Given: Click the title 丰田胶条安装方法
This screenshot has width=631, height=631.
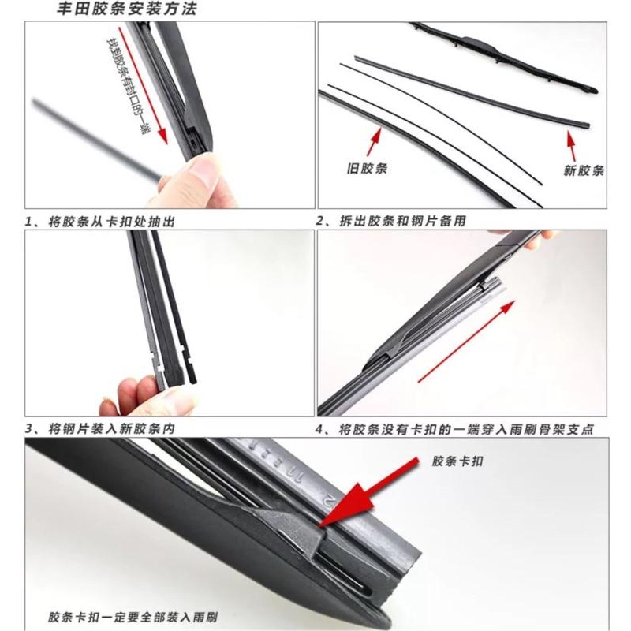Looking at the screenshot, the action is click(x=126, y=9).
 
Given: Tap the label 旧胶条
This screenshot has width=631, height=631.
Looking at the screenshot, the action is click(x=367, y=168).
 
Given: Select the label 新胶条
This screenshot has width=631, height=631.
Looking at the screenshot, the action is click(x=584, y=170).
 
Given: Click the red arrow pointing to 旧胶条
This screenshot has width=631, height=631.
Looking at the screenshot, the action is click(x=374, y=142).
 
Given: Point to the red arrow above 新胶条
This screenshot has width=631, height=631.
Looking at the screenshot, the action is click(x=571, y=146).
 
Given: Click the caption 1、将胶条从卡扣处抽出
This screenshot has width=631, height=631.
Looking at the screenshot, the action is click(x=100, y=222).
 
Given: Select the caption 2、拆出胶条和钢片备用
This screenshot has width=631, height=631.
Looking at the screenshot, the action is click(x=391, y=221).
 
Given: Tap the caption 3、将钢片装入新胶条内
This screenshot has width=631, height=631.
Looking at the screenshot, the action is click(x=100, y=428).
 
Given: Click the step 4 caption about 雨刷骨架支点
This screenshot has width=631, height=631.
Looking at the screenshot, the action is click(x=455, y=429).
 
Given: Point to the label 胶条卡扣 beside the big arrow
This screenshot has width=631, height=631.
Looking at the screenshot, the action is click(x=457, y=461).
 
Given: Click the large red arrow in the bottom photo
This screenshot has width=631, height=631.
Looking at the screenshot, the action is click(x=368, y=491).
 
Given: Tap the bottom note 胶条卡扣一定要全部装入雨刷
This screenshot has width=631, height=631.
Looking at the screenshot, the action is click(x=133, y=617).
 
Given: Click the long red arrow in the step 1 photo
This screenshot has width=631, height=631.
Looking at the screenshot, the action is click(x=144, y=85).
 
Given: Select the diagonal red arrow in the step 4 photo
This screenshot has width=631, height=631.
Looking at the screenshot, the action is click(x=467, y=342).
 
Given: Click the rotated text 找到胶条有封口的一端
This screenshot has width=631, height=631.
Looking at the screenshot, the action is click(x=127, y=86).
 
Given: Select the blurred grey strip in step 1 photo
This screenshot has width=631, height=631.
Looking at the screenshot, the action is click(x=96, y=139).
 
